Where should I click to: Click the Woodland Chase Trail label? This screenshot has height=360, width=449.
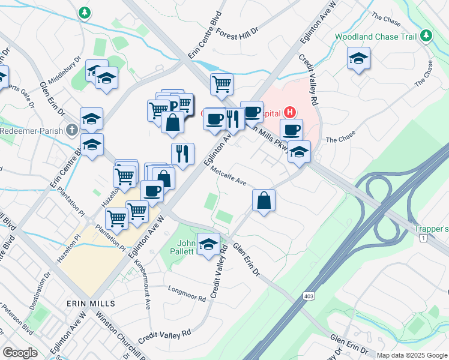375,37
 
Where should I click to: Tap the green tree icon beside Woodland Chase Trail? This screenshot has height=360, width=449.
426,36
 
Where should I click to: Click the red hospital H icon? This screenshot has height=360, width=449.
290,112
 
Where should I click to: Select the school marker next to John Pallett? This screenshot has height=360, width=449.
208,244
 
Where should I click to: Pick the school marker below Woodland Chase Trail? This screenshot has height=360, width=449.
358,58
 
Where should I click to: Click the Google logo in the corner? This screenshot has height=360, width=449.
20,353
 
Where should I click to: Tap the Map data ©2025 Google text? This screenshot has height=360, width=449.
412,355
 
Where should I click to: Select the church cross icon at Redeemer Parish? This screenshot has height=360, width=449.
72,129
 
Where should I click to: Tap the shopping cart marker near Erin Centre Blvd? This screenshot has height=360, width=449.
221,84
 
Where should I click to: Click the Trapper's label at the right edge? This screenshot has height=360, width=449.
432,229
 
